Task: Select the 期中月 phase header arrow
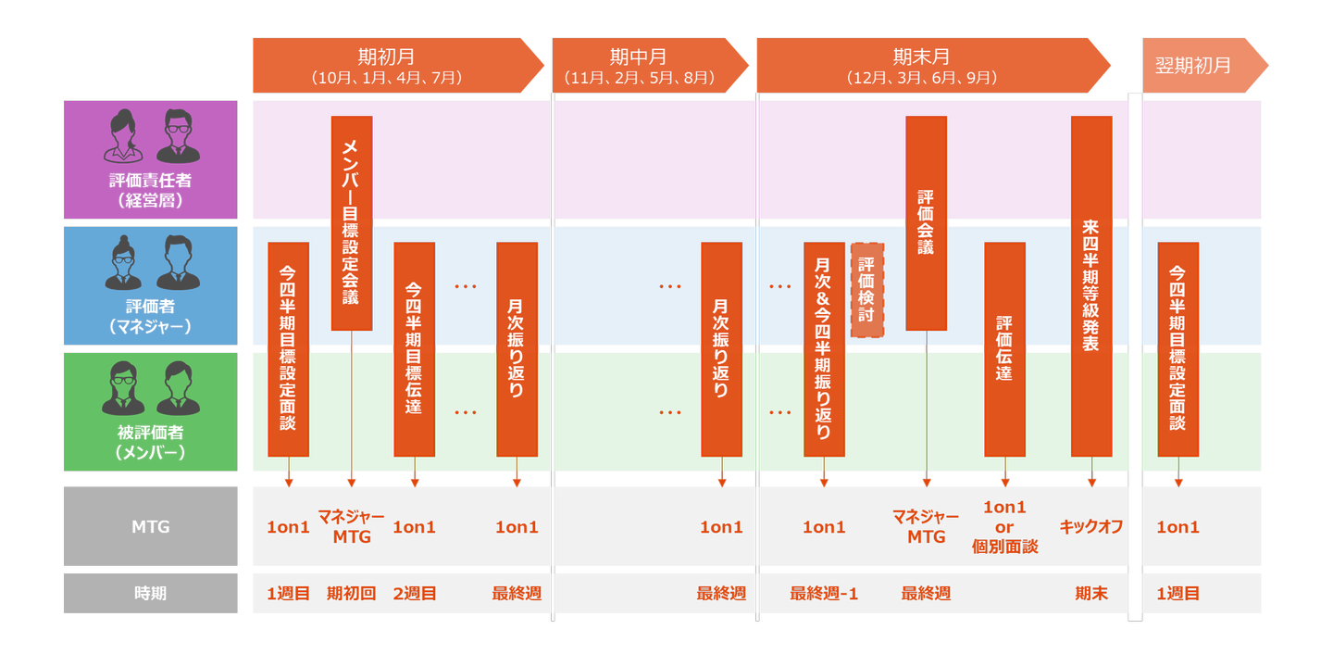[x=648, y=66]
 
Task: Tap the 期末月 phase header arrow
[x=930, y=66]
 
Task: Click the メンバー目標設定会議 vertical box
[x=352, y=222]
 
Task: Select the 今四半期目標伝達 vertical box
[x=414, y=348]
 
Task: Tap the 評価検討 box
[x=866, y=289]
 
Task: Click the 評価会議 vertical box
[x=926, y=222]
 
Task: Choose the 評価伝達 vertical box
[x=1004, y=348]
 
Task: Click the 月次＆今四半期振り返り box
[x=824, y=348]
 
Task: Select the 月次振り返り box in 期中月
[x=721, y=348]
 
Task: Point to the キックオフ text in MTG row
[x=1091, y=526]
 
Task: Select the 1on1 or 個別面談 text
[x=1004, y=526]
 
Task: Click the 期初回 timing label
[x=352, y=593]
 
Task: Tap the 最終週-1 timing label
[x=824, y=593]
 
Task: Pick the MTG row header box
[x=150, y=526]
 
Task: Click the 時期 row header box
[x=150, y=593]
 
